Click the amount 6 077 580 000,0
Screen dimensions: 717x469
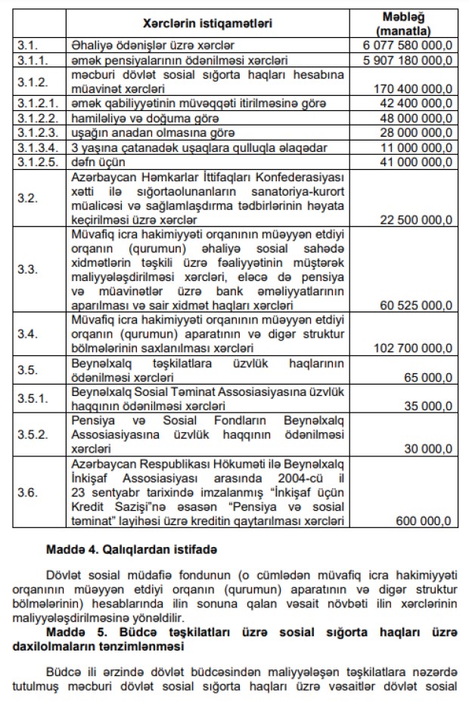412,45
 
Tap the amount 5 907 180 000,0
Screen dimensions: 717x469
412,59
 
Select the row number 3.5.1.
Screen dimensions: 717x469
33,397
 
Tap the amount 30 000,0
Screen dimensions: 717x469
429,448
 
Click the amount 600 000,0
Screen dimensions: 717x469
425,521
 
